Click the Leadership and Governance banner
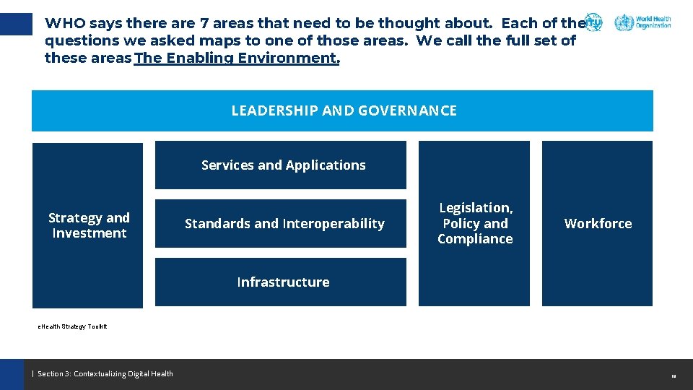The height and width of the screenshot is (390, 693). [x=342, y=110]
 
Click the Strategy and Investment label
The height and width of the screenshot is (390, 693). [x=89, y=225]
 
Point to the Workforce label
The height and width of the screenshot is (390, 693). [x=598, y=224]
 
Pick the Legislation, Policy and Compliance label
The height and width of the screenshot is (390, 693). [x=475, y=224]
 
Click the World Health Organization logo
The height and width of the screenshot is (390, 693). [x=642, y=22]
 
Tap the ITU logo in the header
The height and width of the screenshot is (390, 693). [x=593, y=22]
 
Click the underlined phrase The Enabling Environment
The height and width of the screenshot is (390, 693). [x=237, y=58]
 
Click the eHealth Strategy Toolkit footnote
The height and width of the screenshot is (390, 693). [x=73, y=326]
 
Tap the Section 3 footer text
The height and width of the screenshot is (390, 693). [x=105, y=373]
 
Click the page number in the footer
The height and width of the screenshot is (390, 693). [x=673, y=376]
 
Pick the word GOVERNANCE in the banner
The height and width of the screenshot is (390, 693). [x=407, y=110]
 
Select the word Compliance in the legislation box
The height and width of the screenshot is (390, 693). [x=475, y=239]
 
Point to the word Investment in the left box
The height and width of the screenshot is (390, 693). [x=89, y=233]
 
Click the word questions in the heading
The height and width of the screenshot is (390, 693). [x=79, y=41]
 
